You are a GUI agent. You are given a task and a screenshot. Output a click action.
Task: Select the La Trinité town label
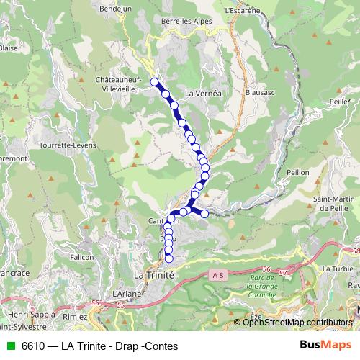(x=155, y=276)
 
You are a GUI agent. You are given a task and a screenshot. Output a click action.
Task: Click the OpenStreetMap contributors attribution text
(x=298, y=322)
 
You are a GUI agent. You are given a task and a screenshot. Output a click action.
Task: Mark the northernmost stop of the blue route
(x=154, y=82)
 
